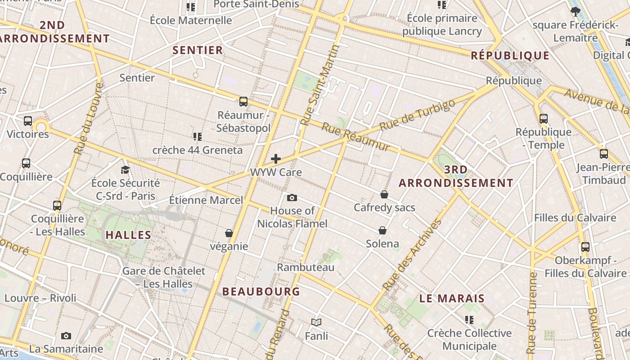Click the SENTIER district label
(198, 50)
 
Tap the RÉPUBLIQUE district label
(510, 56)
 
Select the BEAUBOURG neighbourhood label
(261, 292)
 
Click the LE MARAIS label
(452, 298)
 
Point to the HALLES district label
(128, 235)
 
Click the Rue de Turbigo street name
(417, 115)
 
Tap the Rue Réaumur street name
(355, 137)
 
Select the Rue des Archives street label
(411, 254)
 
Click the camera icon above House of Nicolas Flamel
(292, 198)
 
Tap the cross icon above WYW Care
(276, 159)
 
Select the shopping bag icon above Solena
(382, 230)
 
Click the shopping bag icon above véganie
(229, 233)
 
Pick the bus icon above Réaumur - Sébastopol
(243, 102)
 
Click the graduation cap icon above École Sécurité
(125, 170)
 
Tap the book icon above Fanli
(316, 322)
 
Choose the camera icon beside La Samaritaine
(66, 336)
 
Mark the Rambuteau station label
(306, 267)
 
